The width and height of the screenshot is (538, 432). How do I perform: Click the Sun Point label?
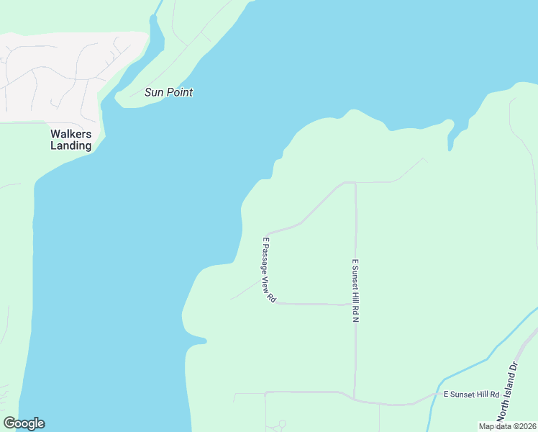click(x=169, y=92)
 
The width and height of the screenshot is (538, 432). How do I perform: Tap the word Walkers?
click(x=70, y=134)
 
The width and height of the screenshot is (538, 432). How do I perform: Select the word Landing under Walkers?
click(x=70, y=145)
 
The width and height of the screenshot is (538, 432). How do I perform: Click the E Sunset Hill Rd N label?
click(x=355, y=290)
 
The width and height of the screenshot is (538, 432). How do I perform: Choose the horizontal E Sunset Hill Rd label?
click(x=471, y=395)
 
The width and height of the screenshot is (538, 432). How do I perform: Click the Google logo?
click(x=24, y=423)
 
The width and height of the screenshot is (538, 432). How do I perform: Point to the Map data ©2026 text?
click(x=507, y=426)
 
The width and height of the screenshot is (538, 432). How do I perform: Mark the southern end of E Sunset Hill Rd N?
click(x=355, y=397)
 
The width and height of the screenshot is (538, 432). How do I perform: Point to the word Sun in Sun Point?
click(x=154, y=92)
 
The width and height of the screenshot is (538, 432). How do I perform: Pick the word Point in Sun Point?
click(x=179, y=92)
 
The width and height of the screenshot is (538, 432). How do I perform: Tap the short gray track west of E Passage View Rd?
click(x=245, y=290)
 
